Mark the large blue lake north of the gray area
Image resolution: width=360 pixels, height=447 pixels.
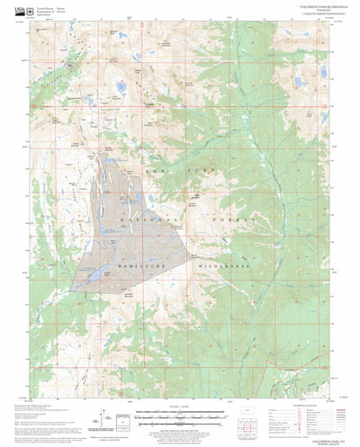pos(119,87)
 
